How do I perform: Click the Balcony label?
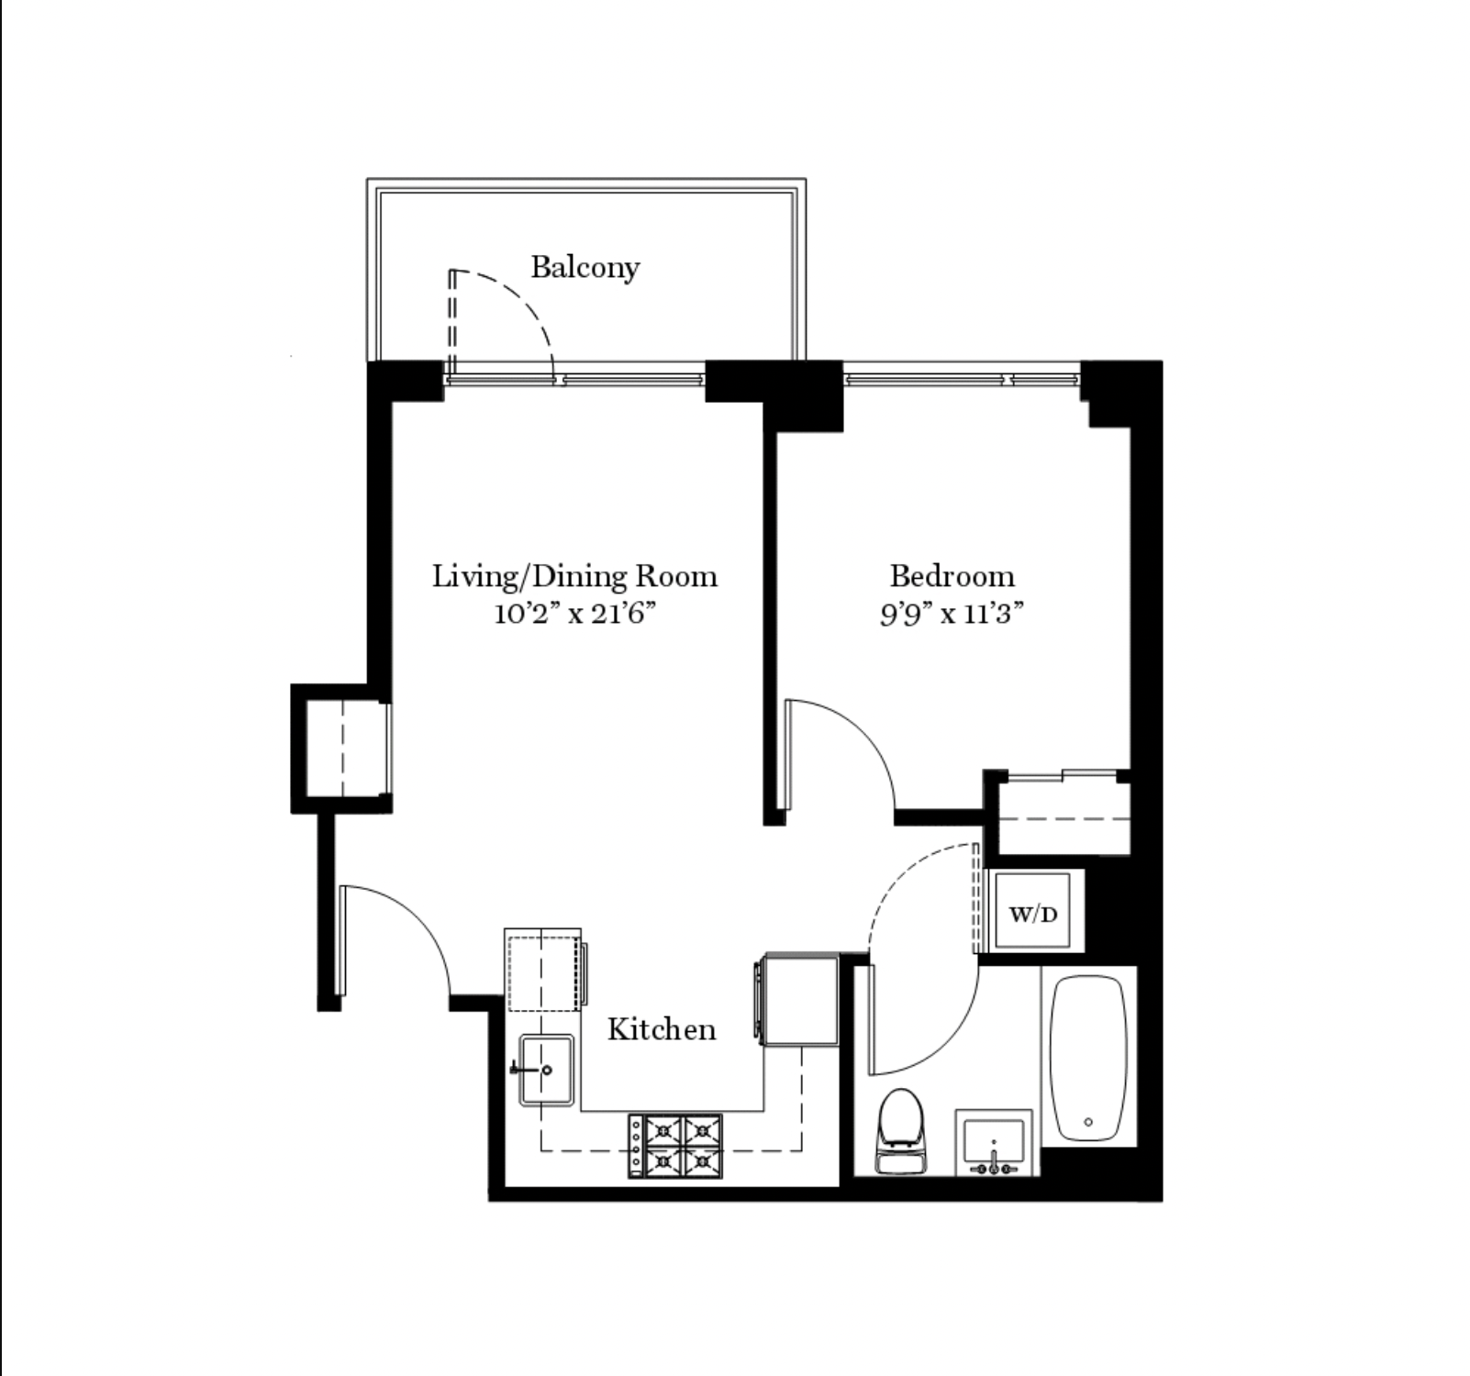[585, 268]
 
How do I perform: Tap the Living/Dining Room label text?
[574, 576]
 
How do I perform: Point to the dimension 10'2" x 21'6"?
[575, 613]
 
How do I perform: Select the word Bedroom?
[952, 576]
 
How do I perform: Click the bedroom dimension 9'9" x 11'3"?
[952, 613]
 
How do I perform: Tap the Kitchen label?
[661, 1029]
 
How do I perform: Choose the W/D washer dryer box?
[1033, 914]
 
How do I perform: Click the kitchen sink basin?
[548, 1070]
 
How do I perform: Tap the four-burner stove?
[675, 1145]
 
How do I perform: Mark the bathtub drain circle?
[1088, 1122]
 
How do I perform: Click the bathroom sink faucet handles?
[994, 1169]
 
